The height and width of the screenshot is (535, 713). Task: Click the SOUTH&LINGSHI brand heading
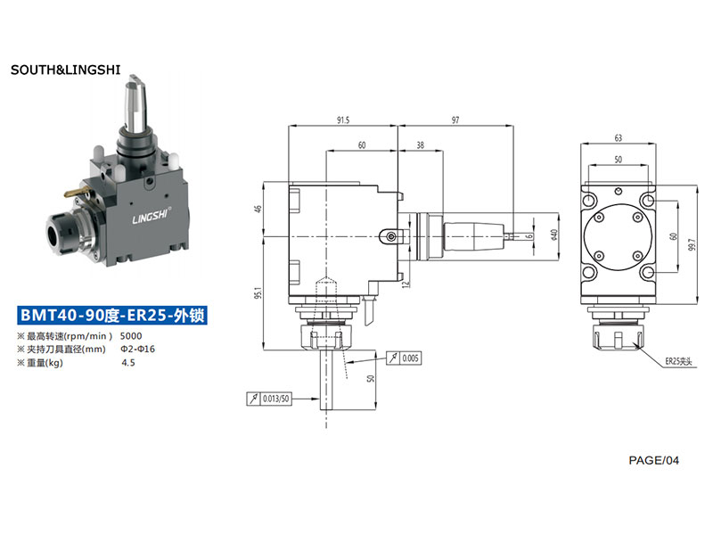(65, 70)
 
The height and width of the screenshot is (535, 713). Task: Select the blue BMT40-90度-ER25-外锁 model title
(112, 315)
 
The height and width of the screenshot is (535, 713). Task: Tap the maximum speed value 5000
(131, 336)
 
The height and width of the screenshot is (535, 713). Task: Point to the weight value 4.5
(128, 363)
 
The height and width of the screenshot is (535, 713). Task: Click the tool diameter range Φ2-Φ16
(137, 349)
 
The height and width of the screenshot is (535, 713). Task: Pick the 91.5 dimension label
(343, 120)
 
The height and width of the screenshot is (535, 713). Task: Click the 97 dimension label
(455, 120)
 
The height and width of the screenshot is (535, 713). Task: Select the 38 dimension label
(420, 145)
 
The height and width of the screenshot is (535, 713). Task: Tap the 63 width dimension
(618, 138)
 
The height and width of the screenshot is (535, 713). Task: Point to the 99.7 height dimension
(692, 244)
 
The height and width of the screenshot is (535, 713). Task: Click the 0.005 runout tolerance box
(405, 358)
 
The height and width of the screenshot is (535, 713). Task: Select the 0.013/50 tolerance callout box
(269, 399)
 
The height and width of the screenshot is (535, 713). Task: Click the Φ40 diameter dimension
(553, 235)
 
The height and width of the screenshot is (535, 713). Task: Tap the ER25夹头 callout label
(678, 362)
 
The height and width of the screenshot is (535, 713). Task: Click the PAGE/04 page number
(653, 460)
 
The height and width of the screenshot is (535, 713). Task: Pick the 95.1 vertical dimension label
(258, 292)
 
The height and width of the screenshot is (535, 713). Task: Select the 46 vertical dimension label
(258, 209)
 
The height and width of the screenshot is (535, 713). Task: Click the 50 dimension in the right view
(618, 160)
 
